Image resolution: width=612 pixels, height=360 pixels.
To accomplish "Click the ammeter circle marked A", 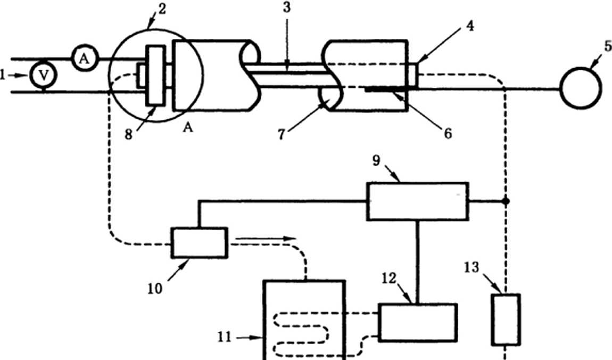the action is [85, 59].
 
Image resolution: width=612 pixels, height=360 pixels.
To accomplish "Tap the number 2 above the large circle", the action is [161, 9].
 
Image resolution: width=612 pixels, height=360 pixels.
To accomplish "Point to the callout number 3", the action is [287, 6].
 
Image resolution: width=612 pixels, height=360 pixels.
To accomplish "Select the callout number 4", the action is [470, 26].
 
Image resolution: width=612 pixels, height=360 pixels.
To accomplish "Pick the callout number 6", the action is [448, 134].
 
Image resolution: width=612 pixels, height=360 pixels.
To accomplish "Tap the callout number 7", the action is [282, 134].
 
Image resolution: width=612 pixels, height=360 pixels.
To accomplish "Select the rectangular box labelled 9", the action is [418, 201].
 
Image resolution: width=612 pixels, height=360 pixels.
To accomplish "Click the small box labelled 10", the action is [200, 243].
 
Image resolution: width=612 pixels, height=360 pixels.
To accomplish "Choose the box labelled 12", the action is [418, 323].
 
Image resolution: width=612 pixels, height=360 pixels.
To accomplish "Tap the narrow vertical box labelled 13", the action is [506, 320].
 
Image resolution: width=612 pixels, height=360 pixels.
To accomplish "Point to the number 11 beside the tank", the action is [224, 337].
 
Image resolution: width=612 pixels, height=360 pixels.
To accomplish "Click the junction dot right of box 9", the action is [506, 201].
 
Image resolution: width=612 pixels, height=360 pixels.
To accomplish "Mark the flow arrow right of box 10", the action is [266, 238].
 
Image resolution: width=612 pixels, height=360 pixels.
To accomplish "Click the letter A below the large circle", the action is [188, 127].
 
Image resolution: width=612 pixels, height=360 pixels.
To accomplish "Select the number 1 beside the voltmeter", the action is [3, 75].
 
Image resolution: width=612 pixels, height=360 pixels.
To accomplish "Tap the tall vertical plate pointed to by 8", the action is [155, 76].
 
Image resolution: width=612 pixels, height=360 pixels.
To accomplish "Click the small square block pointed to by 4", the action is [413, 75].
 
